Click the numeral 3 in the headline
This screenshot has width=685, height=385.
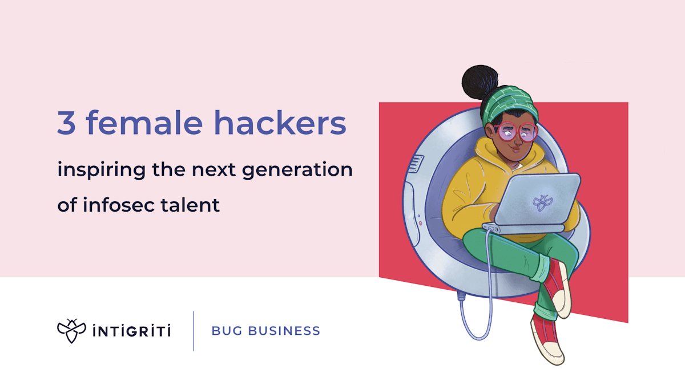coord(66,123)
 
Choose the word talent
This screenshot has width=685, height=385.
coord(192,205)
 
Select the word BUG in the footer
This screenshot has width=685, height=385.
coord(224,331)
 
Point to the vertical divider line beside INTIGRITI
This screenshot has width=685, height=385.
coord(194,331)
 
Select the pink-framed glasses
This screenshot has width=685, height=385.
coord(516,132)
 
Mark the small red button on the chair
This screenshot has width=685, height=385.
coord(420,224)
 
